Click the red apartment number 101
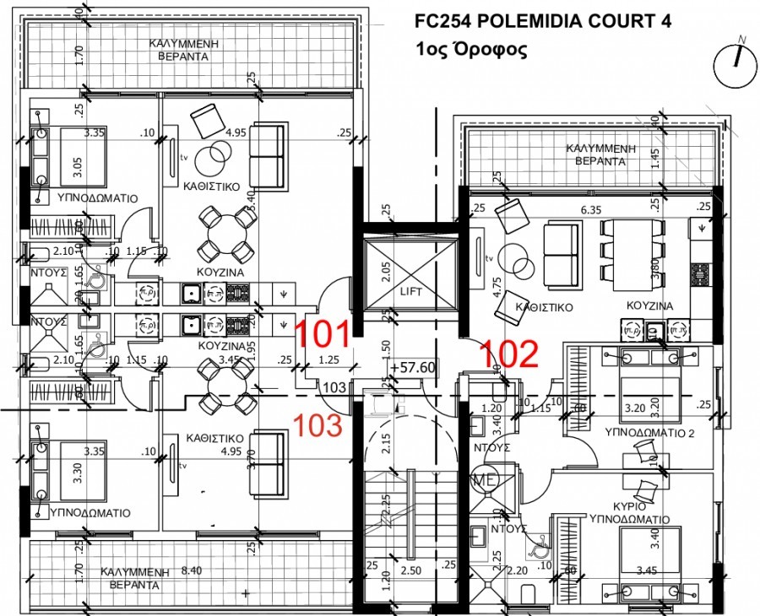click(x=323, y=334)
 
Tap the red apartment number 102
click(x=509, y=354)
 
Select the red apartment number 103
click(x=317, y=424)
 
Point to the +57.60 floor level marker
click(x=413, y=368)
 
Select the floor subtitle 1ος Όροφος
click(x=471, y=49)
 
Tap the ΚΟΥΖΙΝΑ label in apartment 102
click(x=649, y=305)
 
